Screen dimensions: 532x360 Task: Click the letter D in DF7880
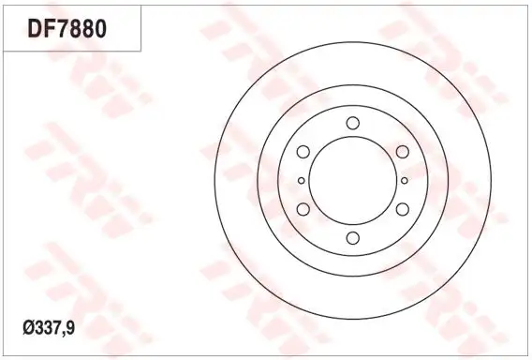[35, 28]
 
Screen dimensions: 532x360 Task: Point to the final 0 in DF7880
[100, 28]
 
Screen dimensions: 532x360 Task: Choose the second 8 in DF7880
[87, 28]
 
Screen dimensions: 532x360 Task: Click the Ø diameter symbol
[28, 328]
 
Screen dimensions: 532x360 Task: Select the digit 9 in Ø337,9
[69, 328]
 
